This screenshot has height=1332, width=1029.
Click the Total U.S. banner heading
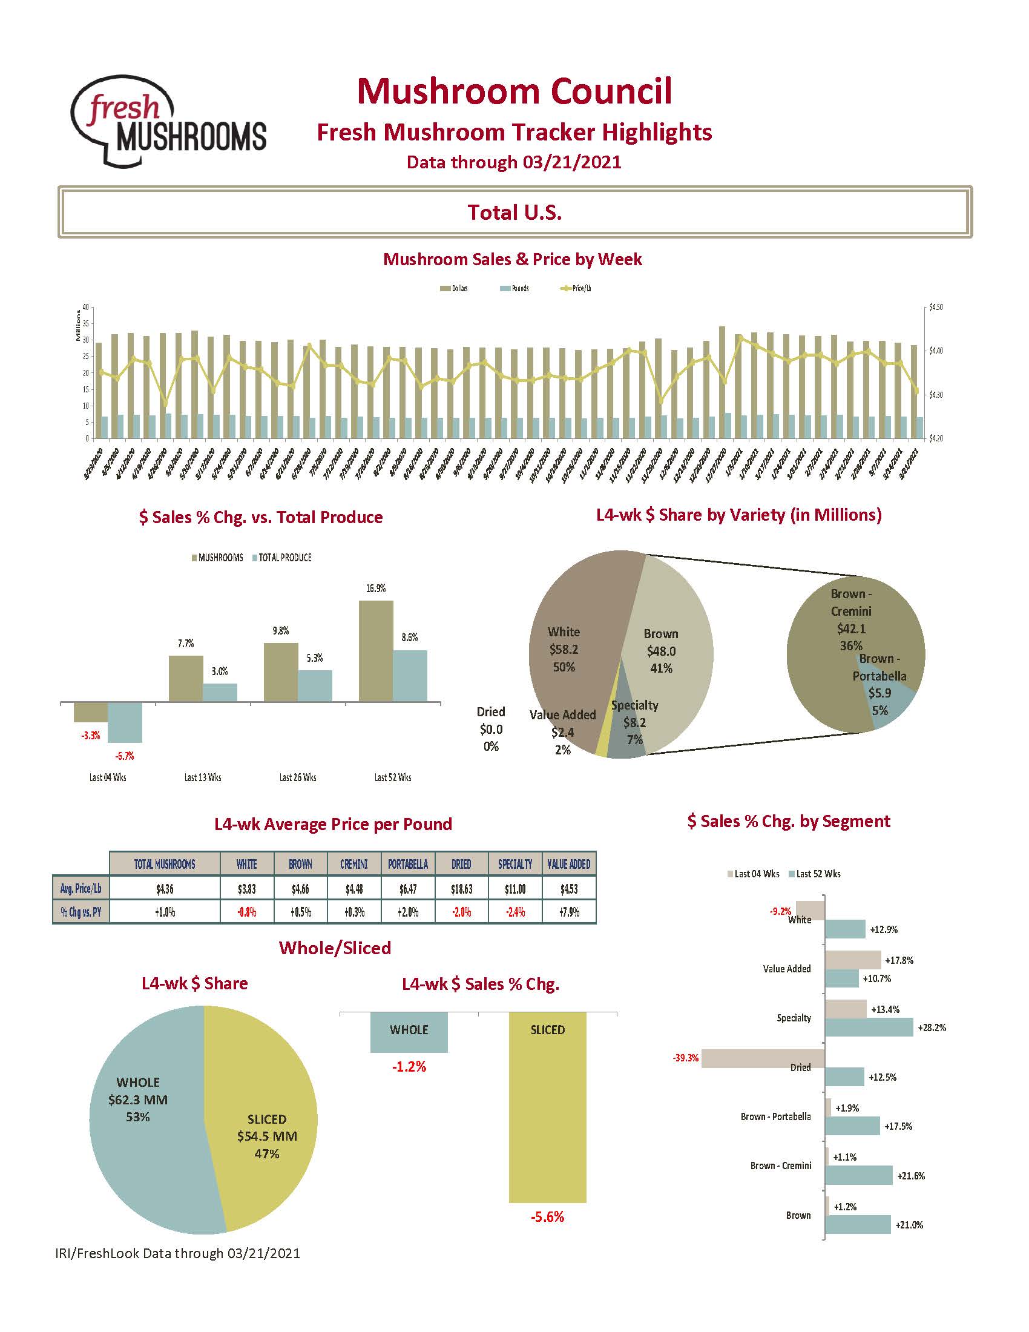click(514, 213)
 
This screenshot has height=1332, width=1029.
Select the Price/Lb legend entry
click(576, 288)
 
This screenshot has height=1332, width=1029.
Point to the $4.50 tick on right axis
click(935, 308)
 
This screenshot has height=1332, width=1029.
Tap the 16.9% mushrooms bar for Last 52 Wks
click(375, 651)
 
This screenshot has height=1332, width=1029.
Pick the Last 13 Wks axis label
click(202, 777)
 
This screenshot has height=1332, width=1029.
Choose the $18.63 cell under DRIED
click(461, 889)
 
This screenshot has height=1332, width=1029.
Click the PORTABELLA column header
click(408, 863)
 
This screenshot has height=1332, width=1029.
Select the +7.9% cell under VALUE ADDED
click(569, 912)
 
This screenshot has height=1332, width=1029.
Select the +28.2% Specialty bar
click(869, 1027)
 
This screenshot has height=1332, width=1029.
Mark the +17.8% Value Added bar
click(853, 960)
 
